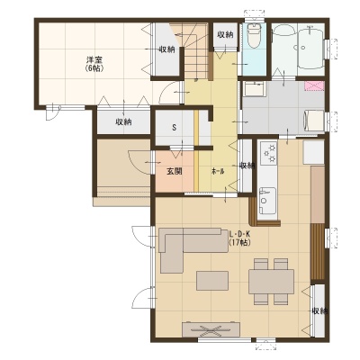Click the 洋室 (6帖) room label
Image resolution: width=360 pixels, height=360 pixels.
95,65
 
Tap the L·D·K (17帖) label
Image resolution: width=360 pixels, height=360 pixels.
240,238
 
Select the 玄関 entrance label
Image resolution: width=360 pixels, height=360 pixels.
175,171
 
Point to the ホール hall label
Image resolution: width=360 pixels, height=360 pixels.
218,171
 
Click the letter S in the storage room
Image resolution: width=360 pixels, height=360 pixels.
174,127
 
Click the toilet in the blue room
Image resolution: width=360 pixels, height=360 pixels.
254,36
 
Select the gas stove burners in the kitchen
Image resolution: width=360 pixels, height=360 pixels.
269,153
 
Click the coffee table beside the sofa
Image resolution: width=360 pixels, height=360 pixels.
212,280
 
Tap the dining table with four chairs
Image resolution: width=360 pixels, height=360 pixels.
271,282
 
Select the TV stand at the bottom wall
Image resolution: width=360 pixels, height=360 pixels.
211,329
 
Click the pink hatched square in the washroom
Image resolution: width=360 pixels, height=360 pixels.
314,86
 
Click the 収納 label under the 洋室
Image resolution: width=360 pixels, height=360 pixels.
123,122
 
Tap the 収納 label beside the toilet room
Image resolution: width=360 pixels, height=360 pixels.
225,34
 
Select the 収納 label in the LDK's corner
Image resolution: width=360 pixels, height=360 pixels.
319,311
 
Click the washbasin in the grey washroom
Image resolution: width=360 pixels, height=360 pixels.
254,88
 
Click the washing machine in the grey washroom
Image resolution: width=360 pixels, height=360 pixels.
314,121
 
